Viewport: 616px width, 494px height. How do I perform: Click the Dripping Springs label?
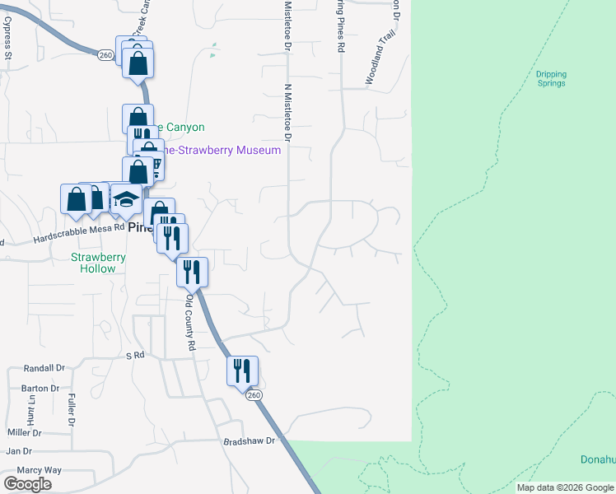(x=552, y=78)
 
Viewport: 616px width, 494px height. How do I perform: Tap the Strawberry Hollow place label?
(x=98, y=263)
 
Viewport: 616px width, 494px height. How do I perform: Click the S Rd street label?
(x=135, y=355)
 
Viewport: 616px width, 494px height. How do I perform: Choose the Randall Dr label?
(x=44, y=368)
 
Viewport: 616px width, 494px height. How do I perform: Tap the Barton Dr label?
(x=41, y=388)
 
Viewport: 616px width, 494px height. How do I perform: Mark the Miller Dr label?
(x=25, y=432)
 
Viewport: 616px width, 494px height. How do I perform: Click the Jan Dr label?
(x=18, y=451)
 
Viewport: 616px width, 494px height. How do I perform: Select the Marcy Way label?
(x=40, y=470)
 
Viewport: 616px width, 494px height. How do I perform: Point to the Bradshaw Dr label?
(x=248, y=441)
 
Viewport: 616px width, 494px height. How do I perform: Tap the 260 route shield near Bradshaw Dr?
(x=253, y=396)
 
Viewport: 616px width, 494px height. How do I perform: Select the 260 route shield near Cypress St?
(x=105, y=54)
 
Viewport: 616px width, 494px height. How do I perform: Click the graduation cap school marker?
(x=127, y=200)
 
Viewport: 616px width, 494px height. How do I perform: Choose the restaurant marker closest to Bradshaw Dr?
(x=242, y=370)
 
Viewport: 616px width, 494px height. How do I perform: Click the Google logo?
(x=27, y=484)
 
